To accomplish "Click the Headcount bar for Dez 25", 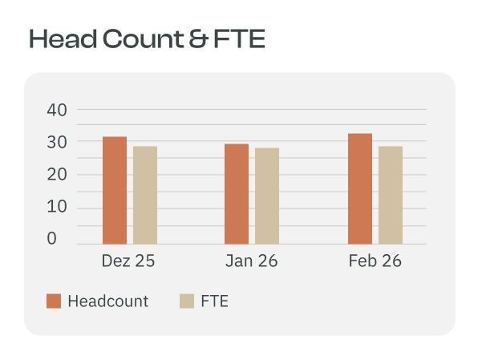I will (115, 191).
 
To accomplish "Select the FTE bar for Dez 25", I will (145, 195).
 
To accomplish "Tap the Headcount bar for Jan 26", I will (237, 194).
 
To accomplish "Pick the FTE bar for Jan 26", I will (267, 196).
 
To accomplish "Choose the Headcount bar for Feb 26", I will (360, 189).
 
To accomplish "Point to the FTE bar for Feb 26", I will (391, 195).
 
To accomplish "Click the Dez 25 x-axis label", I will (128, 261).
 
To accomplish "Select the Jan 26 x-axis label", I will (252, 261).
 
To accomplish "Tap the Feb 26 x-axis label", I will (375, 261).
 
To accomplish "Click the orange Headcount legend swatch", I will (54, 301).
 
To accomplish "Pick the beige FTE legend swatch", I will (188, 301).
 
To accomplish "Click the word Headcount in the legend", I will (108, 301).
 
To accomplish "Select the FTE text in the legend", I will (216, 301).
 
